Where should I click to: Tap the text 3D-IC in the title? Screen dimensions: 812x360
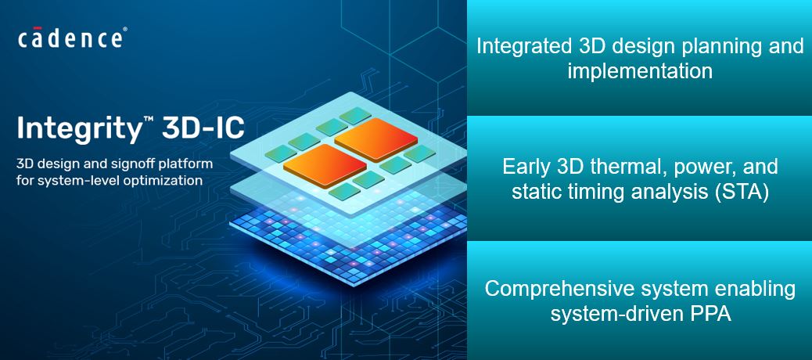tap(203, 127)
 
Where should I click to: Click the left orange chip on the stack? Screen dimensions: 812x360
tap(325, 166)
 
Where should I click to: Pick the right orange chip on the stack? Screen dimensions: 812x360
tap(376, 139)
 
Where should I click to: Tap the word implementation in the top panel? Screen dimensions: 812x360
tap(640, 70)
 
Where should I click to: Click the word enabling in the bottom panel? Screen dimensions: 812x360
tap(756, 289)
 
